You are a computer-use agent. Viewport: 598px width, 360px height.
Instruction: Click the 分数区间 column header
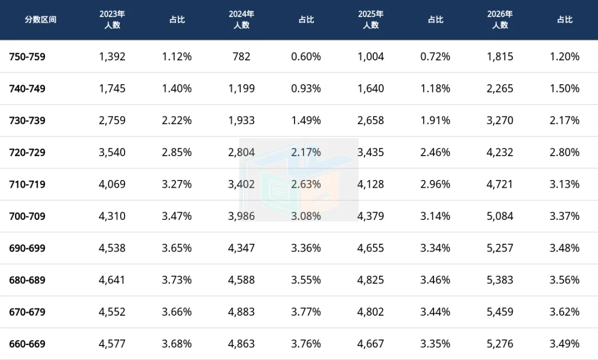(x=40, y=19)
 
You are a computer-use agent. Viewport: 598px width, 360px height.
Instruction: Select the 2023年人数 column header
(x=112, y=19)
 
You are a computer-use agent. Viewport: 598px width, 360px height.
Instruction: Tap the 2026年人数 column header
(x=499, y=19)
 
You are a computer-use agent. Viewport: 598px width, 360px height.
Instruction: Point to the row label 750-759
(x=27, y=57)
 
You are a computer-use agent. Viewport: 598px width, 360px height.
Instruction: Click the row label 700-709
(x=27, y=216)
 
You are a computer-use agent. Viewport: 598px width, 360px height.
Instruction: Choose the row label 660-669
(x=27, y=344)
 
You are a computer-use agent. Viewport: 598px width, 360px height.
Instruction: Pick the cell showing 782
(x=241, y=57)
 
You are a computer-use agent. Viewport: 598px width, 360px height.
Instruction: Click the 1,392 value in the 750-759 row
(x=112, y=57)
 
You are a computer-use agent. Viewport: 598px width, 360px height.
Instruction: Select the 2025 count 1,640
(x=370, y=89)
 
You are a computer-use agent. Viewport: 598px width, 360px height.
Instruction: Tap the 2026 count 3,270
(x=499, y=121)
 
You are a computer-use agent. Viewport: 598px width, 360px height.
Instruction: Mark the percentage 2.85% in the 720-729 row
(x=177, y=152)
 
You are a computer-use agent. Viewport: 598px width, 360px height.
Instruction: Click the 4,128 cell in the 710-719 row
(x=370, y=184)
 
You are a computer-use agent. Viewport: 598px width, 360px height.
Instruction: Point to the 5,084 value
(x=499, y=216)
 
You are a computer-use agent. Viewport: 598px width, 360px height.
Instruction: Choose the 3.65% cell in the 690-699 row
(x=177, y=248)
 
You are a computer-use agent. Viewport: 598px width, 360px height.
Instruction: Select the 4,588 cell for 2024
(x=241, y=280)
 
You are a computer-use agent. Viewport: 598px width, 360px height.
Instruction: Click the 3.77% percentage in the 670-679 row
(x=306, y=312)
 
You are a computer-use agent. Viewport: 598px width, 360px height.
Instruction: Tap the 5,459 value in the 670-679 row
(x=499, y=312)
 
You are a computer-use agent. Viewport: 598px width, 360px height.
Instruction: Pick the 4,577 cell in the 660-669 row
(x=112, y=344)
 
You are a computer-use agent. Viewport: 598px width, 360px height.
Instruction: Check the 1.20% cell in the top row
(x=564, y=57)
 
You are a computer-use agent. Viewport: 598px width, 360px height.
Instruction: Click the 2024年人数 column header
(x=241, y=19)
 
